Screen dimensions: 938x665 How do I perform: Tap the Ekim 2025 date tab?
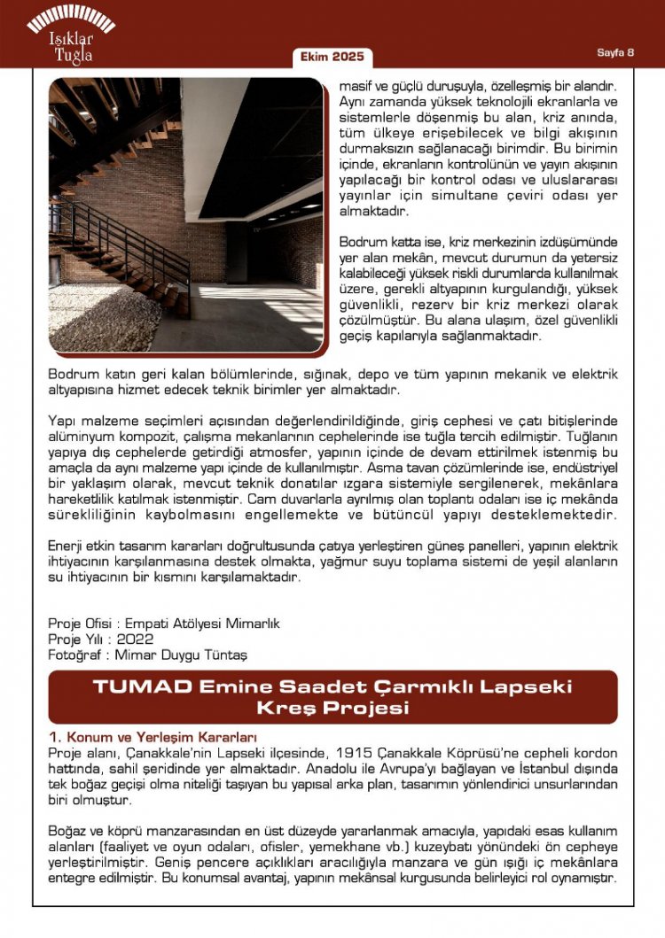tap(332, 57)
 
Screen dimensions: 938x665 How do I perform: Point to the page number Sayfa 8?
tap(615, 52)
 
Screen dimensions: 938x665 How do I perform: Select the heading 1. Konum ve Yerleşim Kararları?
tap(153, 737)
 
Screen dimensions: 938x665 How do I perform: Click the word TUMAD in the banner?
tap(142, 686)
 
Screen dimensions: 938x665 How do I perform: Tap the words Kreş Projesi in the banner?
tap(332, 708)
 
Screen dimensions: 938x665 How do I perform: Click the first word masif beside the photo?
tap(356, 89)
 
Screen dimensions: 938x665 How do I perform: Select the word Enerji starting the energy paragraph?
tap(67, 546)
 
